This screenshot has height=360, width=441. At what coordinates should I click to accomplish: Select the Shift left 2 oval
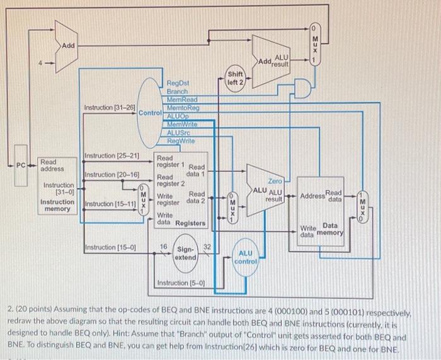(x=238, y=78)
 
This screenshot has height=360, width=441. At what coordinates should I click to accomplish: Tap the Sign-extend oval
(x=185, y=253)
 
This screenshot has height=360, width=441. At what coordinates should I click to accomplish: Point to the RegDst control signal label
(x=178, y=83)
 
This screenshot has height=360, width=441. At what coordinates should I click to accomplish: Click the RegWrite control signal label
(x=181, y=141)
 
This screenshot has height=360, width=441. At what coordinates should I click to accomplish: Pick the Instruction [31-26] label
(x=110, y=108)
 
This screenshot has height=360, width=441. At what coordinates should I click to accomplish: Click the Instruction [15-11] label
(x=110, y=204)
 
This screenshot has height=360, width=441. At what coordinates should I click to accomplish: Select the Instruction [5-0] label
(x=179, y=282)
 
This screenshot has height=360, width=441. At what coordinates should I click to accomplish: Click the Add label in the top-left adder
(x=67, y=45)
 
